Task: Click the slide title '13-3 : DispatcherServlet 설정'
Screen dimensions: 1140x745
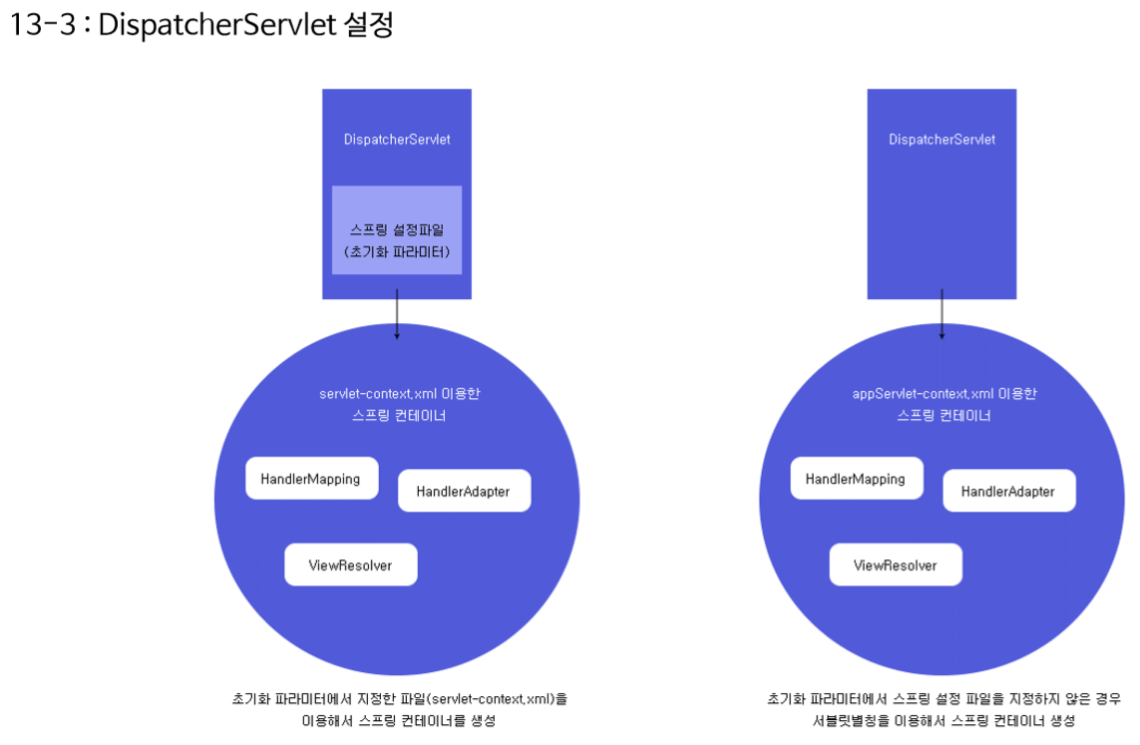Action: (x=201, y=25)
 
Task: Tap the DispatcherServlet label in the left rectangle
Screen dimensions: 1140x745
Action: (x=397, y=140)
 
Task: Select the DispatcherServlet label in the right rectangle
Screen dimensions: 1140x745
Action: (x=942, y=140)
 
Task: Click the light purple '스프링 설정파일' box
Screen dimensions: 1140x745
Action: (x=397, y=229)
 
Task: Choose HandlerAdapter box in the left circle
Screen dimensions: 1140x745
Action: (x=464, y=492)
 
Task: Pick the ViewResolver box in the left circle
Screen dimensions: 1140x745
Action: (x=350, y=565)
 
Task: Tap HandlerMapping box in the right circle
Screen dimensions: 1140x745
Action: (x=856, y=479)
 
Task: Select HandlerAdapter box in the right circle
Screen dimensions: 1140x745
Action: (x=1008, y=492)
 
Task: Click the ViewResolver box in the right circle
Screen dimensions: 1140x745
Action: (x=896, y=565)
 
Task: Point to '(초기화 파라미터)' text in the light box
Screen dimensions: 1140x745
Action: (x=397, y=252)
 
